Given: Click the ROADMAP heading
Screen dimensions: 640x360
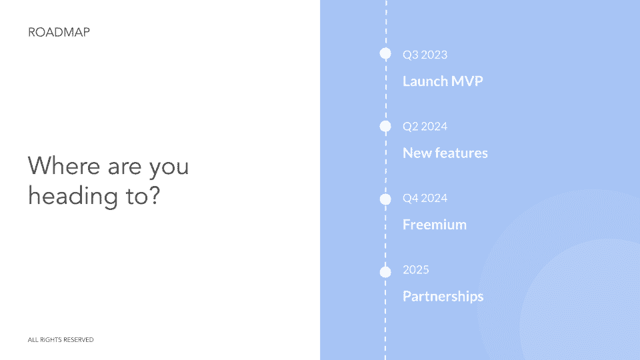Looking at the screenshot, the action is coord(59,32).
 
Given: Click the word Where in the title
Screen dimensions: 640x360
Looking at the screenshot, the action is coord(64,166).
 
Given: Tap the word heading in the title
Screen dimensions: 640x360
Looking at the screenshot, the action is coord(73,196).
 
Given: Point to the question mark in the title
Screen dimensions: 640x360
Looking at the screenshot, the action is coord(153,195).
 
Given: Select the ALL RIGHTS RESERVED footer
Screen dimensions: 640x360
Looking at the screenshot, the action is coord(61,339).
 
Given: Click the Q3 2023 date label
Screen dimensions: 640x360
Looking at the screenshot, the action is coord(425,55).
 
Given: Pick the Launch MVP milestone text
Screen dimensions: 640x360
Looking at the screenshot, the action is coord(443,81).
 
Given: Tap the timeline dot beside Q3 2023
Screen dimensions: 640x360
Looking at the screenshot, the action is coord(385,53).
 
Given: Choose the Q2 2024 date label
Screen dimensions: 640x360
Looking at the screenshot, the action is coord(425,127).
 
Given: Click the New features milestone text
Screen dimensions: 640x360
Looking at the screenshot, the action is coord(445,153).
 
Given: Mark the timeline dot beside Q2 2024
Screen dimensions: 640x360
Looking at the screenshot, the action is coord(385,126).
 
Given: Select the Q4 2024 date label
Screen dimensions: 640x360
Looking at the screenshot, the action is coord(425,198).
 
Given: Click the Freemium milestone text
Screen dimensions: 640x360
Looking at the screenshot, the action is coord(435,225).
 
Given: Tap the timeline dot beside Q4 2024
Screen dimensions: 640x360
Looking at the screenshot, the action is coord(385,199).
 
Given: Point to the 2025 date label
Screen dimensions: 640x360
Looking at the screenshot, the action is coord(416,270).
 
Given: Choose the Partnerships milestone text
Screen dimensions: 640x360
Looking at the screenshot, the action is coord(443,296).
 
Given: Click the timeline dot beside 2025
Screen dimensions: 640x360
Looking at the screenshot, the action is coord(385,271).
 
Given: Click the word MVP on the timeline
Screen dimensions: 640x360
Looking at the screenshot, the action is coord(467,81).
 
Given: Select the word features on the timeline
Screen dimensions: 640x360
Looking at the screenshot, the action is coord(461,153).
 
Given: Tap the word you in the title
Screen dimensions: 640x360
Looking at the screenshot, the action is coord(169,168).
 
